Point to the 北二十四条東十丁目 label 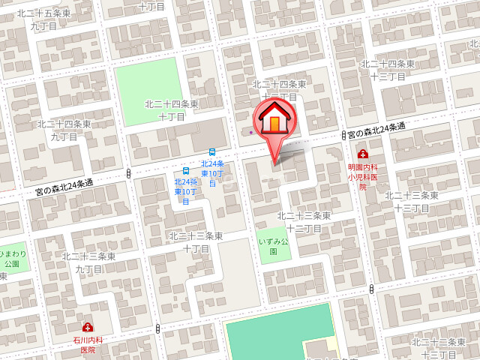point(172,110)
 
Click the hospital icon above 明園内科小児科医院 point(363,154)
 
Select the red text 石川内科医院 point(88,344)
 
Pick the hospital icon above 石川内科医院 point(88,327)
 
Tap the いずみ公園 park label point(273,245)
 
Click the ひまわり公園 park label point(10,258)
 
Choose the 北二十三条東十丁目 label point(195,241)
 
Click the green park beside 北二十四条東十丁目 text point(149,82)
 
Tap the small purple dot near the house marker point(251,133)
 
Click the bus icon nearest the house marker point(212,151)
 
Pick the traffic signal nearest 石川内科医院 point(158,328)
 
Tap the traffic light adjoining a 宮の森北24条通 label point(343,136)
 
